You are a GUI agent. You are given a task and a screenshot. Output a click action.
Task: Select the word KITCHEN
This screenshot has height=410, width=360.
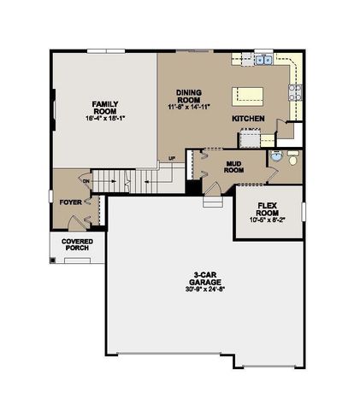click(248, 119)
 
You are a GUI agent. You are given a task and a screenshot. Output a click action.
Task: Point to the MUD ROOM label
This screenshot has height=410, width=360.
click(235, 165)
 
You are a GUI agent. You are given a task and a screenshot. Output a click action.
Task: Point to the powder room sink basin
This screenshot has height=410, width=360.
click(275, 156)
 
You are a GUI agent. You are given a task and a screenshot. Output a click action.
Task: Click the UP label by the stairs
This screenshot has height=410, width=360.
click(172, 159)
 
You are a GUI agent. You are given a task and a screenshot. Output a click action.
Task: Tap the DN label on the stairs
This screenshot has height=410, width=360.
click(86, 181)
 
